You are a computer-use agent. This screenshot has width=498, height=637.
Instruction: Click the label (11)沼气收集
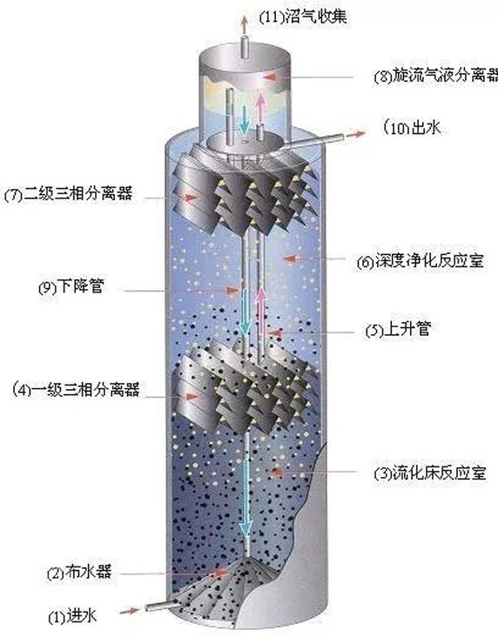click(x=303, y=17)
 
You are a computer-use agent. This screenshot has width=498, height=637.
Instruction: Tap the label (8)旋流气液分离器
click(x=436, y=76)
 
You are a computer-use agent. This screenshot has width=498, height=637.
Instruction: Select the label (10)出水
click(x=412, y=128)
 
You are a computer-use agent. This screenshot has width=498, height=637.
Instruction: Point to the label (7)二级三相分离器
click(x=68, y=194)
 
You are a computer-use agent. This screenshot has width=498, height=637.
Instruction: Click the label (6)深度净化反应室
click(x=421, y=261)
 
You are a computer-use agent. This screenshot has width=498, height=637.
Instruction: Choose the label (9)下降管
click(x=71, y=287)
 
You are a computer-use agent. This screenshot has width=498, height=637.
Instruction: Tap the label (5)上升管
click(x=398, y=330)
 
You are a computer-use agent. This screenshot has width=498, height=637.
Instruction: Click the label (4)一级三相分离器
click(x=77, y=389)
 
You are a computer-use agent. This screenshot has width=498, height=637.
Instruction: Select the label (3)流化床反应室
click(x=430, y=473)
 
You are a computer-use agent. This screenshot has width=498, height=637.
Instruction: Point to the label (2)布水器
click(x=79, y=573)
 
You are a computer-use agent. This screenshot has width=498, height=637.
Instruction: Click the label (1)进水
click(x=72, y=616)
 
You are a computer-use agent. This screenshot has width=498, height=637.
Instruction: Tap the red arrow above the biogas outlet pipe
click(x=244, y=24)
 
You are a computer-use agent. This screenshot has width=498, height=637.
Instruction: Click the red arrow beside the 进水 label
click(x=130, y=610)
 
